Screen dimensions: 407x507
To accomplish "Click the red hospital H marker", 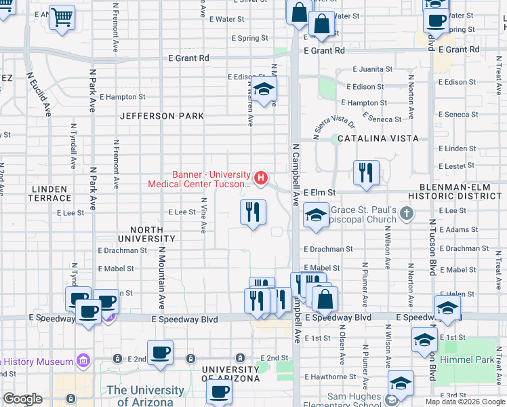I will pos(261,178).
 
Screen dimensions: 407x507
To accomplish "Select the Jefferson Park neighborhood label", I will pos(162,116).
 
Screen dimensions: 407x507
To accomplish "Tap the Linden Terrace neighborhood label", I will pos(49,193).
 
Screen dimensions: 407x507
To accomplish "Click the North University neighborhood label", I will pos(146,234).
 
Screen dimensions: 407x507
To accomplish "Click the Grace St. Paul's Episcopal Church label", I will pos(362,215).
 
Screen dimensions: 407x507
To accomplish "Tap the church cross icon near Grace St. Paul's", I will pos(406,214).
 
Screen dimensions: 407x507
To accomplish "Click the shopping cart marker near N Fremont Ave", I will pos(62,18).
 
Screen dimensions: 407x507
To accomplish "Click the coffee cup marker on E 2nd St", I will pos(160,352).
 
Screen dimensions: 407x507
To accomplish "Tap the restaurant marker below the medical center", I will pos(253,212).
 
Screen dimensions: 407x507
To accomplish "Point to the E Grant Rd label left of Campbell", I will pos(188,58).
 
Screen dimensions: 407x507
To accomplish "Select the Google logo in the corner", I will pos(22,399).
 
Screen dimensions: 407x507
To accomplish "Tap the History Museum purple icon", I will pos(83,359).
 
